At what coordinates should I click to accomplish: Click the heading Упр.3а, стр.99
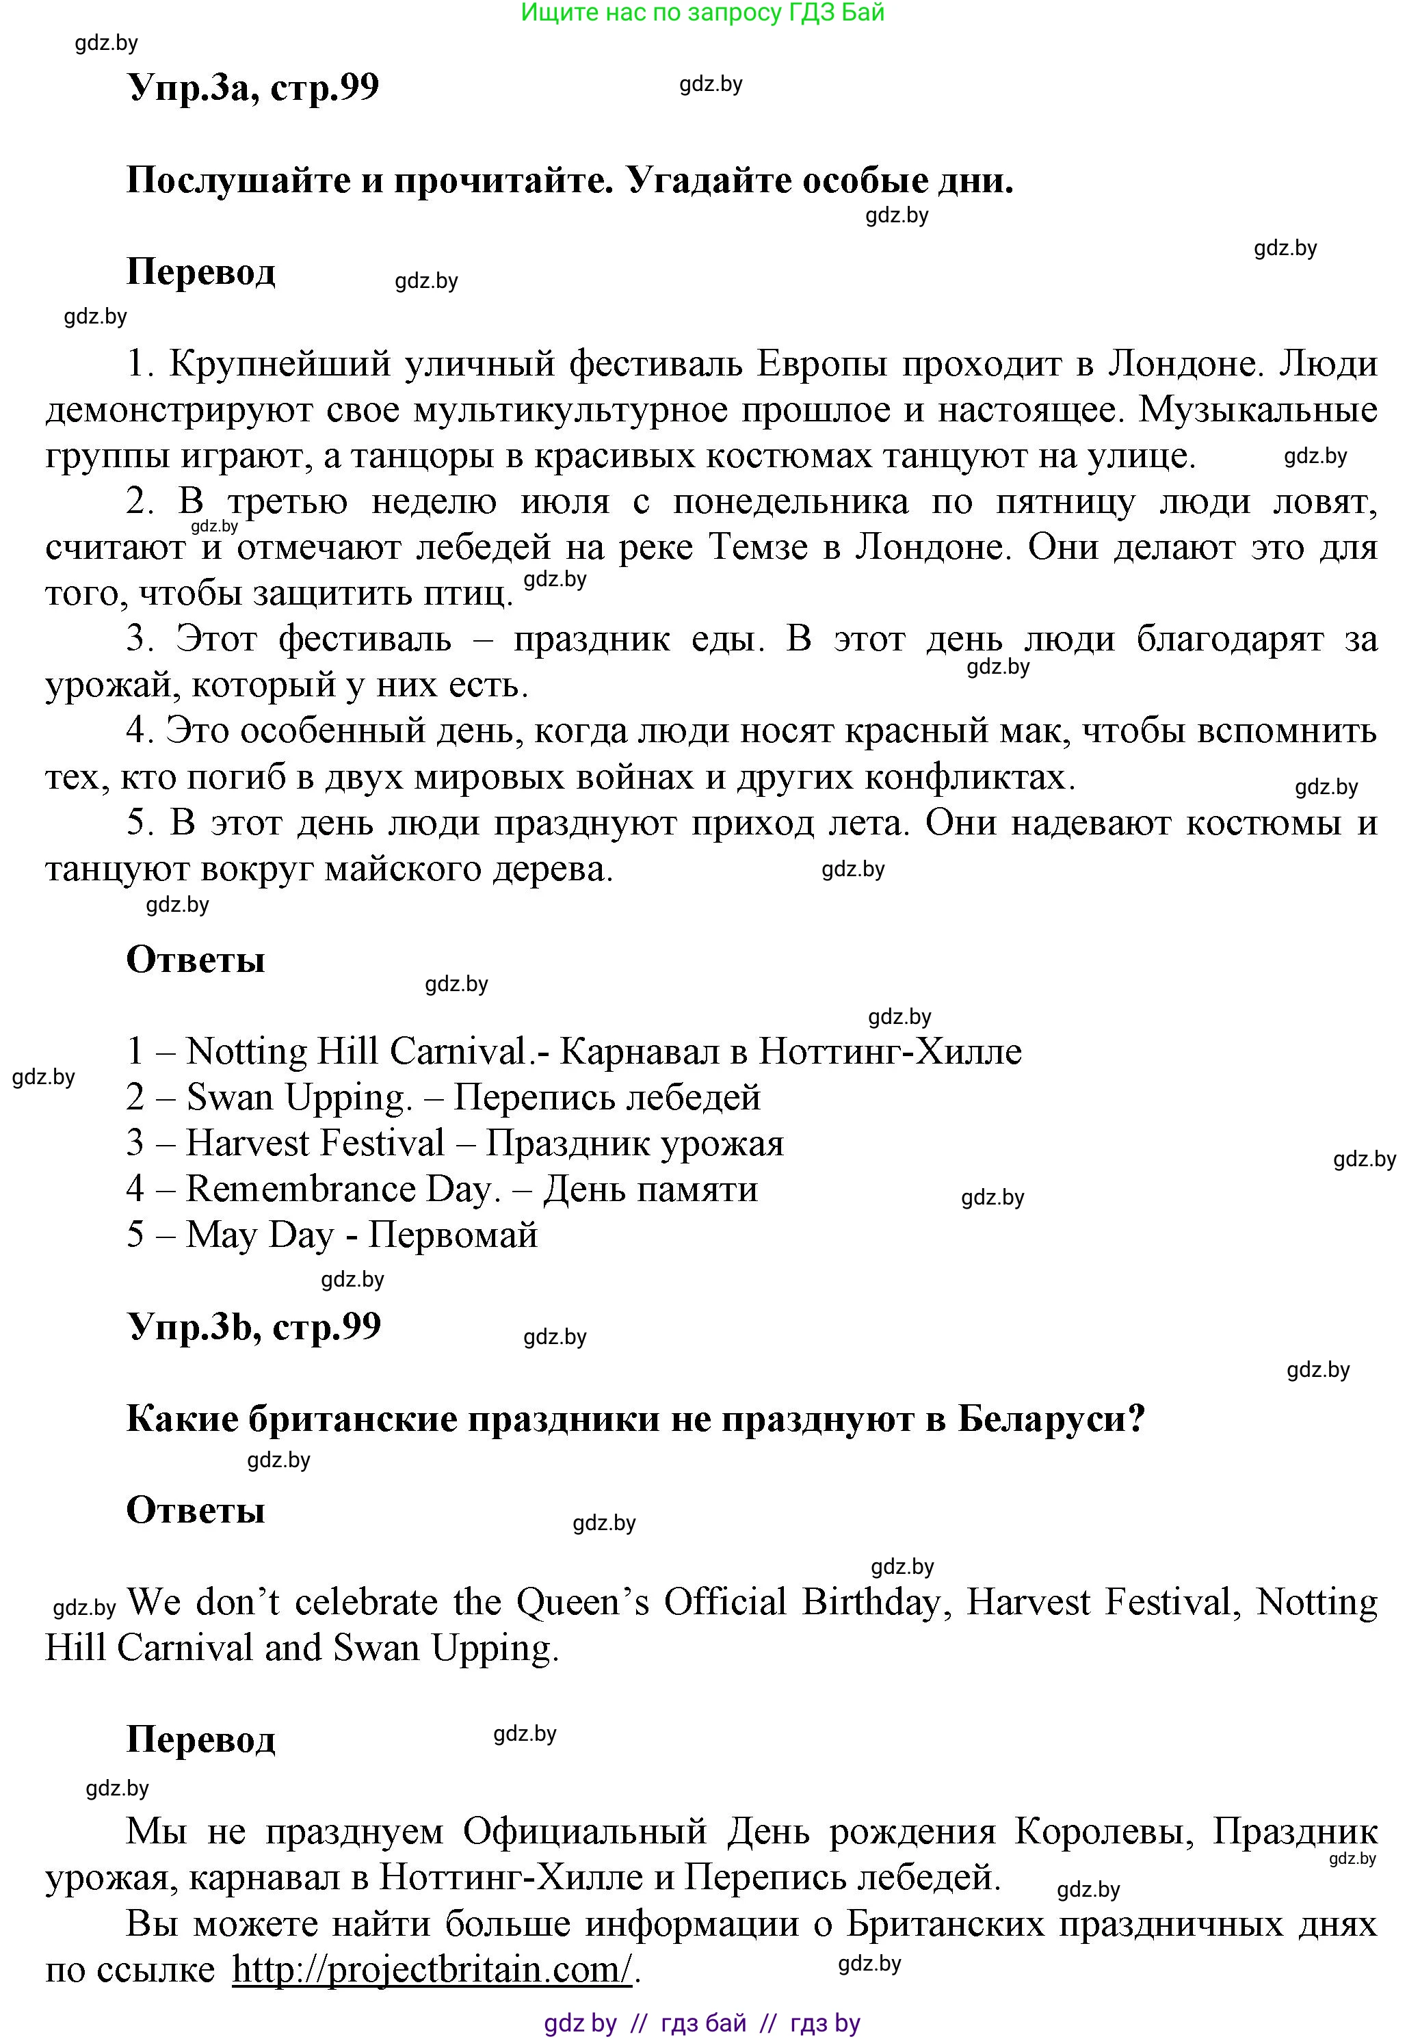pyautogui.click(x=253, y=88)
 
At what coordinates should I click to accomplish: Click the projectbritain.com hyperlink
pyautogui.click(x=432, y=1969)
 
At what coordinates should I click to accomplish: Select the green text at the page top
pyautogui.click(x=702, y=12)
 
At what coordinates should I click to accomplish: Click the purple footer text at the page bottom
pyautogui.click(x=702, y=2023)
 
